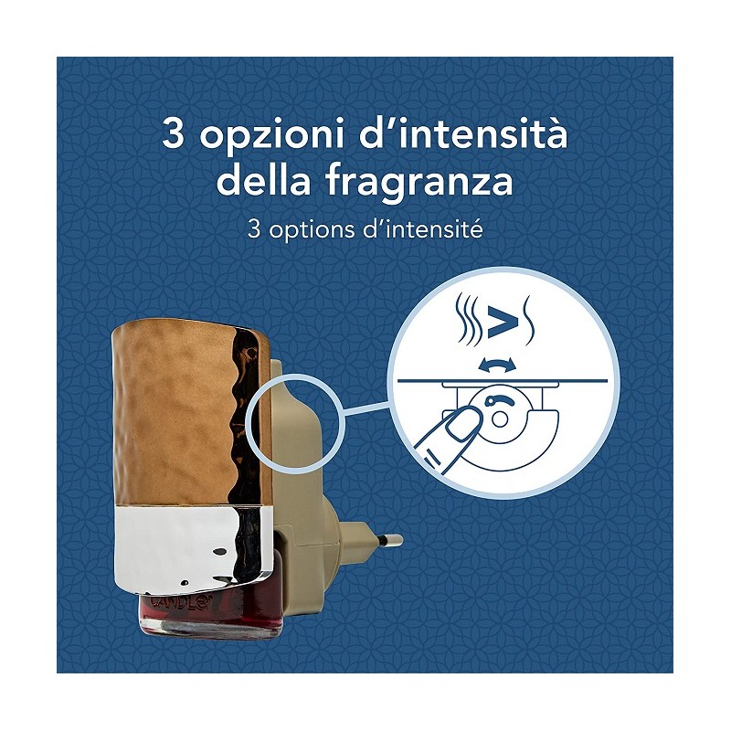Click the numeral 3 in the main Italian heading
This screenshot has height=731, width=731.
coord(173,132)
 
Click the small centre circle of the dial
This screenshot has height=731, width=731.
coord(500,419)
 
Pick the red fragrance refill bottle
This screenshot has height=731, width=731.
coord(210,614)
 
